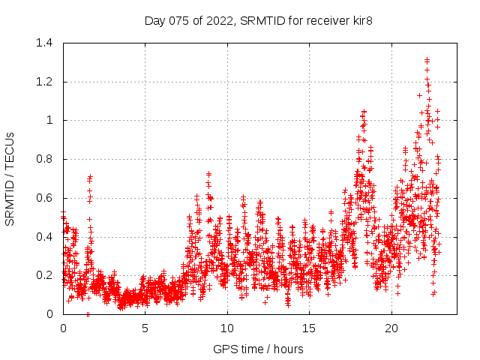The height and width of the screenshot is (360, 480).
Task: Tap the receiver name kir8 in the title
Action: (358, 20)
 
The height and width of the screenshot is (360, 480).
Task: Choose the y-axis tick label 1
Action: (50, 120)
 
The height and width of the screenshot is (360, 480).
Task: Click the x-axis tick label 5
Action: (145, 328)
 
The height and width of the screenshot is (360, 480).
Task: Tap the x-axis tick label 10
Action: (227, 328)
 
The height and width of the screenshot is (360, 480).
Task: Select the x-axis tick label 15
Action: (310, 328)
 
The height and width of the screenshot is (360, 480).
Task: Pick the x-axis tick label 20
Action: (391, 328)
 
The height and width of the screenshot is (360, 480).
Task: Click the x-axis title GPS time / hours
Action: (258, 349)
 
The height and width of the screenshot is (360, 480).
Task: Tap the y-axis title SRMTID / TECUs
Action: (10, 178)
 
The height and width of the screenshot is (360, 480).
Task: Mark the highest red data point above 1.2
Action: (427, 60)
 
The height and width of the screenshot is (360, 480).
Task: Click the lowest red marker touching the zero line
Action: (88, 313)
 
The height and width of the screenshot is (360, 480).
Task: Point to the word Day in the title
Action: (154, 20)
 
